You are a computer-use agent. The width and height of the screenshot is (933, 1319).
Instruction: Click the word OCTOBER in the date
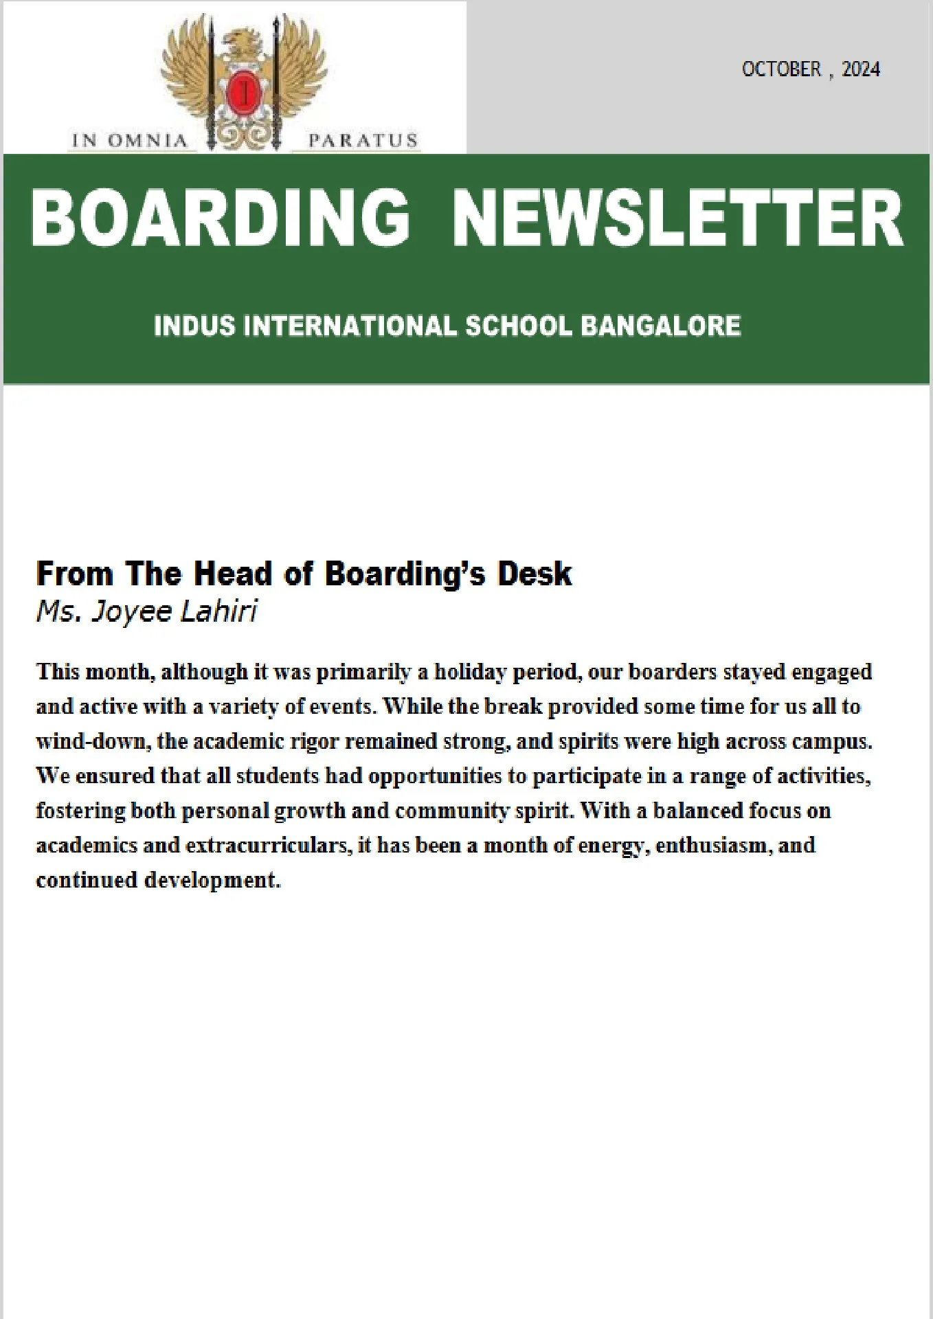[x=781, y=69]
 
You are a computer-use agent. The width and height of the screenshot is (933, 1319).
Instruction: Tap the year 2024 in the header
[x=861, y=69]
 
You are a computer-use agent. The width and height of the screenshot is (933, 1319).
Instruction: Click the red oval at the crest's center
[x=243, y=93]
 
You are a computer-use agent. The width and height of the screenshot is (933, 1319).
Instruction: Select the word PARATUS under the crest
[x=362, y=141]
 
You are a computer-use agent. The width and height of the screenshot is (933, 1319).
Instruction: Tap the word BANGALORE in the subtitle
[x=660, y=325]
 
